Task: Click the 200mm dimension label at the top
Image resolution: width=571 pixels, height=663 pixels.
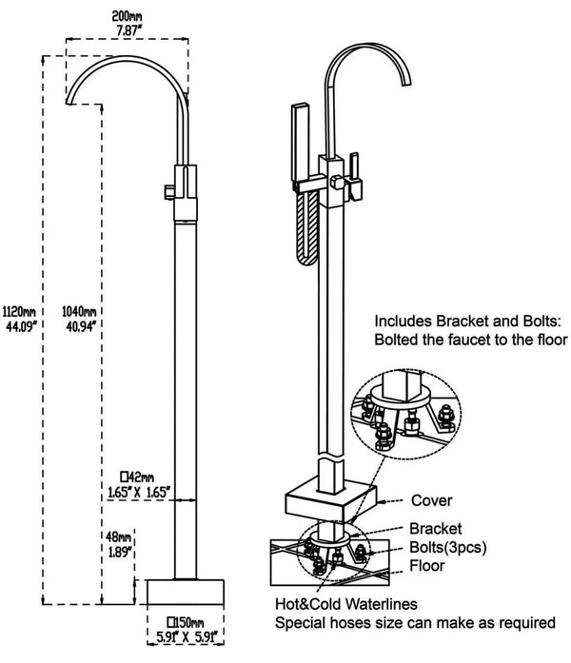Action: tap(126, 16)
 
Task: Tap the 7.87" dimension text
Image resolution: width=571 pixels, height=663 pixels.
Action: tap(126, 29)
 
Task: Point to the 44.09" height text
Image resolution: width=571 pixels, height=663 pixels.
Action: tap(20, 326)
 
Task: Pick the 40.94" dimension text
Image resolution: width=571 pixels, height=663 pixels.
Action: tap(78, 326)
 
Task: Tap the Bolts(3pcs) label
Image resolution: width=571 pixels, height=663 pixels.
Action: tap(446, 546)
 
